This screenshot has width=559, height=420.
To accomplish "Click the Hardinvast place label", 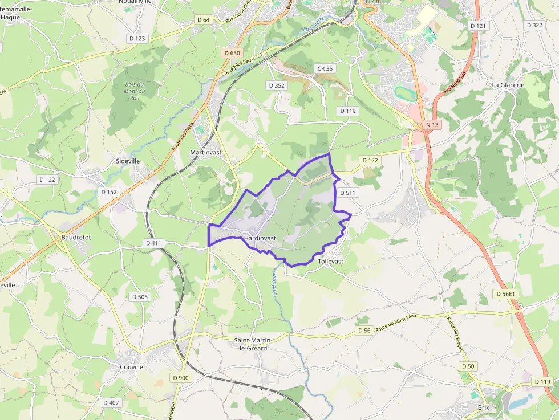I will pos(260,238).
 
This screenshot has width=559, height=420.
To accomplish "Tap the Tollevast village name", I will pos(331,261).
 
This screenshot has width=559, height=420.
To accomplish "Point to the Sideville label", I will pos(128,161).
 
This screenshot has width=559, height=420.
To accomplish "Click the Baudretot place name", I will pos(76,237).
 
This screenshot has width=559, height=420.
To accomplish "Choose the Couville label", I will pos(132,367).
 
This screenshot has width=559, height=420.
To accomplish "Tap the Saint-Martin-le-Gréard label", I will pos(254,344).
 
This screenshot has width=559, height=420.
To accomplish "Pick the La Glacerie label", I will pos(508,85).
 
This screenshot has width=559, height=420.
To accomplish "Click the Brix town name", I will pos(484,407).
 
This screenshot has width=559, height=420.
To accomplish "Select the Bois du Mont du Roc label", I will pos(135,91).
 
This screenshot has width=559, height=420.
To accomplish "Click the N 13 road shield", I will pos(432,125).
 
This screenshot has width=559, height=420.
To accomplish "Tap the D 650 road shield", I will pos(232,53).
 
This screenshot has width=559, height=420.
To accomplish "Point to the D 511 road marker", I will pos(347,193).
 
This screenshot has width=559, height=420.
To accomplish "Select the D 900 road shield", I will pos(180,378).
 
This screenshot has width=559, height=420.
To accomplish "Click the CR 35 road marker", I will pos(325,68).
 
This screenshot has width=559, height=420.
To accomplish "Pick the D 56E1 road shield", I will pos(505,294).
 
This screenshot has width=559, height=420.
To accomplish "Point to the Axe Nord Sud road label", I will pos(455,82).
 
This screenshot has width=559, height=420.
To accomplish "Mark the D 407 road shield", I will pos(111,402).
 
